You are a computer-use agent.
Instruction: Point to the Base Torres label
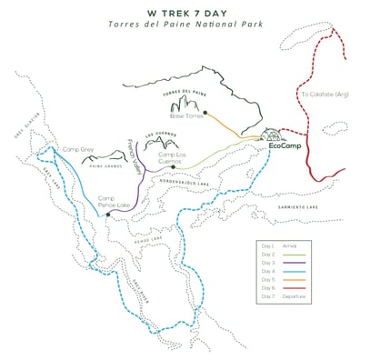(x=185, y=115)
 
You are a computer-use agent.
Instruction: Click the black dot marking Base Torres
(x=207, y=113)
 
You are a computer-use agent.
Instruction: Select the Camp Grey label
(x=78, y=148)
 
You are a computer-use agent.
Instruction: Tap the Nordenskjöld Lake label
(x=205, y=180)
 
